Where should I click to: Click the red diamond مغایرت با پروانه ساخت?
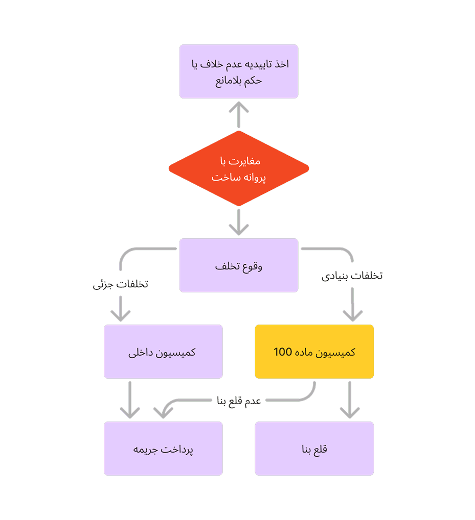pos(239,168)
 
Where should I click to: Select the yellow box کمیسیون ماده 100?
pos(314,352)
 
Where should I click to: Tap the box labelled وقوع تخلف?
pos(239,265)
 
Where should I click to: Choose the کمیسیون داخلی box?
pos(163,352)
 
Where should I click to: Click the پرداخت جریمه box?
pos(163,449)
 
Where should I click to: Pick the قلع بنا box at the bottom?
pos(314,449)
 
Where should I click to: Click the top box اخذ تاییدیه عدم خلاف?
pos(239,71)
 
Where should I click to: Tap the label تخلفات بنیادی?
pos(352,276)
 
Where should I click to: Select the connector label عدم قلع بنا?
pos(239,401)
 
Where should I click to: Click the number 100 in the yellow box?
pos(283,352)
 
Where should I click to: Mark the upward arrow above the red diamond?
pos(239,115)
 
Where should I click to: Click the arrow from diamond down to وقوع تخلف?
pos(239,222)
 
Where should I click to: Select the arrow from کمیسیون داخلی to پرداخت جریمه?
pos(130,400)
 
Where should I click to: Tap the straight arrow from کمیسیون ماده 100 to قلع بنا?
pos(350,400)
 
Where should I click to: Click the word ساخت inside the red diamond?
pos(226,178)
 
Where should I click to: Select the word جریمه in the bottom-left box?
pos(145,450)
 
